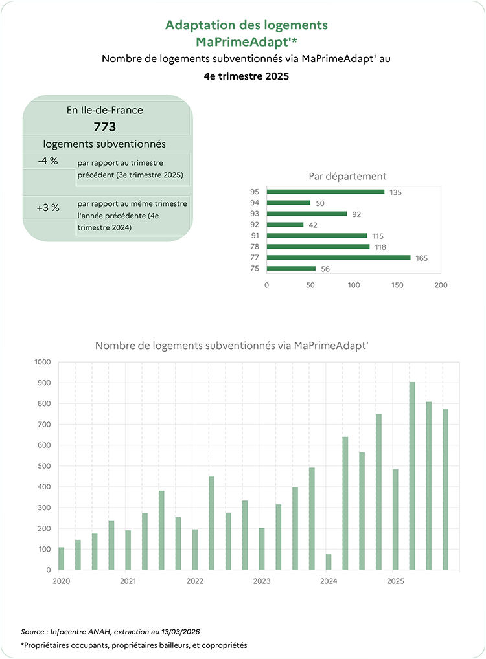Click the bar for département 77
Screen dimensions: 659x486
tap(338, 257)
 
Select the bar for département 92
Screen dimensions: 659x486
tap(285, 225)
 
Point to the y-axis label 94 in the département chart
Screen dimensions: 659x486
tap(254, 203)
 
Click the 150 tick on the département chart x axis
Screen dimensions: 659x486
tap(397, 284)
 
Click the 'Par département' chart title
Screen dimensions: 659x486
tap(347, 176)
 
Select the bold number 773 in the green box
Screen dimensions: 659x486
tap(105, 127)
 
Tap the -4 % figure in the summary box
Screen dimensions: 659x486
tap(48, 161)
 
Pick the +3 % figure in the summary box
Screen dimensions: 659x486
tap(48, 208)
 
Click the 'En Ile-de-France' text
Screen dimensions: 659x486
tap(105, 110)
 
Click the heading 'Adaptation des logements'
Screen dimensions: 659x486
tap(246, 25)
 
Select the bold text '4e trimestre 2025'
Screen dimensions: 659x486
tap(246, 76)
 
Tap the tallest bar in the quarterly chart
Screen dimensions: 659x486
tap(412, 476)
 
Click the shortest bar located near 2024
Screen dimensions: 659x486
tap(329, 562)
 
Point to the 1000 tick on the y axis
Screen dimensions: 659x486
tap(41, 362)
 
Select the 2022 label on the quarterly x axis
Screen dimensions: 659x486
tap(195, 581)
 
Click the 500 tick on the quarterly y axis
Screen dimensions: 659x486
tap(43, 466)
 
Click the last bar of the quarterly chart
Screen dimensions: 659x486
tap(446, 489)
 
